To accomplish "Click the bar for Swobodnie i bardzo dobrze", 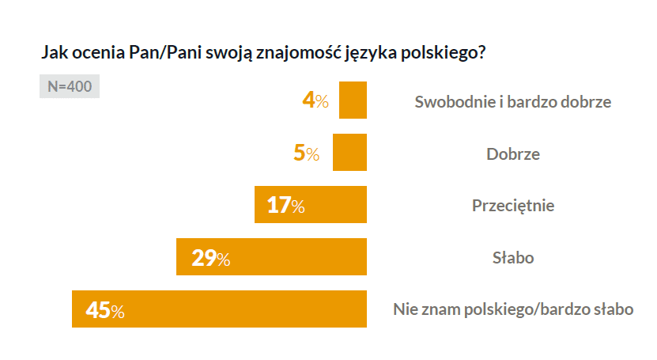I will [x=353, y=100].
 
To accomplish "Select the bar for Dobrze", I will [x=350, y=153].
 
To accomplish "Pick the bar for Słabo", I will [x=300, y=257].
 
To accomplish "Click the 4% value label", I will [x=315, y=100].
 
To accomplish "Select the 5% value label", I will [x=306, y=153].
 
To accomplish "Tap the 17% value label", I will [x=285, y=206].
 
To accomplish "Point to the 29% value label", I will [x=210, y=258].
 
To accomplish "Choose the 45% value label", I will [x=105, y=310].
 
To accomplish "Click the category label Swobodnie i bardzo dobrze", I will [x=513, y=101].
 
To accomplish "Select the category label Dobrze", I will [x=513, y=153].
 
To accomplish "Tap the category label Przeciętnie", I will [x=513, y=206].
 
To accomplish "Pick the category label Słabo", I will [x=513, y=258].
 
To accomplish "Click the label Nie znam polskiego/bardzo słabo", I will [x=513, y=310].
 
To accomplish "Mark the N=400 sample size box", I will [x=69, y=86].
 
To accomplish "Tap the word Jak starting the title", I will [x=52, y=54].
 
